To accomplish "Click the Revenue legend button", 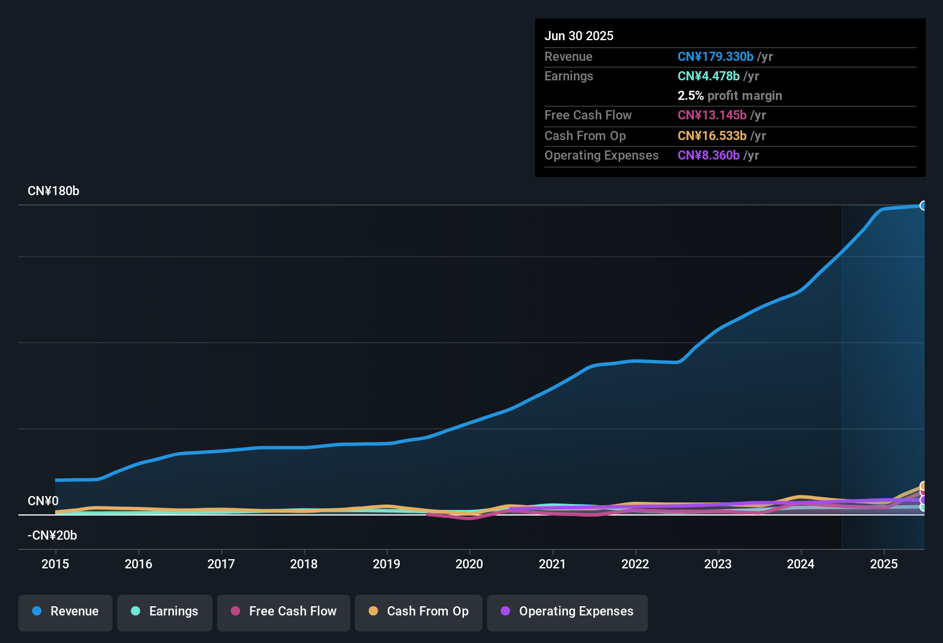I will pos(65,612).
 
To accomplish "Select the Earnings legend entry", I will pos(165,612).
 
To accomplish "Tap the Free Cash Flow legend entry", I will pos(284,612).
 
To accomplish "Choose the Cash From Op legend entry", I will pos(419,612).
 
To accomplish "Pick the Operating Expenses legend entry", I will pos(567,612).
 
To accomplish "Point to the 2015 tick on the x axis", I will pos(55,564).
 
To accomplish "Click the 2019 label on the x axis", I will pos(387,564).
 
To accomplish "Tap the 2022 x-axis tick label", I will pos(635,564).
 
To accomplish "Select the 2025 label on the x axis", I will pos(884,564).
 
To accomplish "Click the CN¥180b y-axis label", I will pos(53,191).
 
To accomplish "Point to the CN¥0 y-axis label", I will pos(43,501).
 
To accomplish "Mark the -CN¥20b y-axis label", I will pos(52,536).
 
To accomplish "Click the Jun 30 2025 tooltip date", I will pos(579,36).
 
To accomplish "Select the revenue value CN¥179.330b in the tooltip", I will pos(715,57).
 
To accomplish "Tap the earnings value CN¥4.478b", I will pos(708,76).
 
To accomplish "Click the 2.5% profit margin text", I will pos(729,96).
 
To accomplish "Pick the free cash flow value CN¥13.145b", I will pos(712,115).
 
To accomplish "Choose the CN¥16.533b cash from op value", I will pos(712,136).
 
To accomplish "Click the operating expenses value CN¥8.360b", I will pos(708,156).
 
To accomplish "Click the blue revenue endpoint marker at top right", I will pos(923,206).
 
